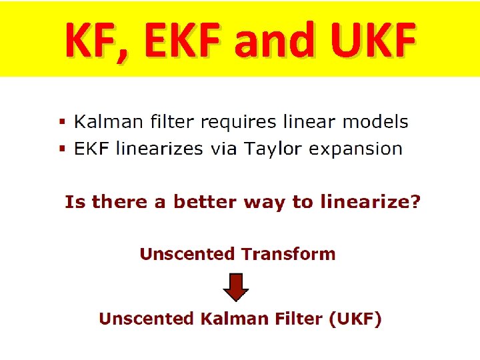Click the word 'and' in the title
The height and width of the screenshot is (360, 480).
coord(281,40)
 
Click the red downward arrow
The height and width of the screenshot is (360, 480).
coord(235,286)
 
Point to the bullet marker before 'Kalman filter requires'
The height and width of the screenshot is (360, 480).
coord(63,123)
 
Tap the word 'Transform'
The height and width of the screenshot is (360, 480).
coord(288,254)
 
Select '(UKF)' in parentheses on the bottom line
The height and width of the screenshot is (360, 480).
coord(355,319)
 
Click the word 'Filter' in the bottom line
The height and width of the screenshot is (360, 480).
coord(299,319)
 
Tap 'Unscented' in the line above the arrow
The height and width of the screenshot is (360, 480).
coord(187,254)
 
